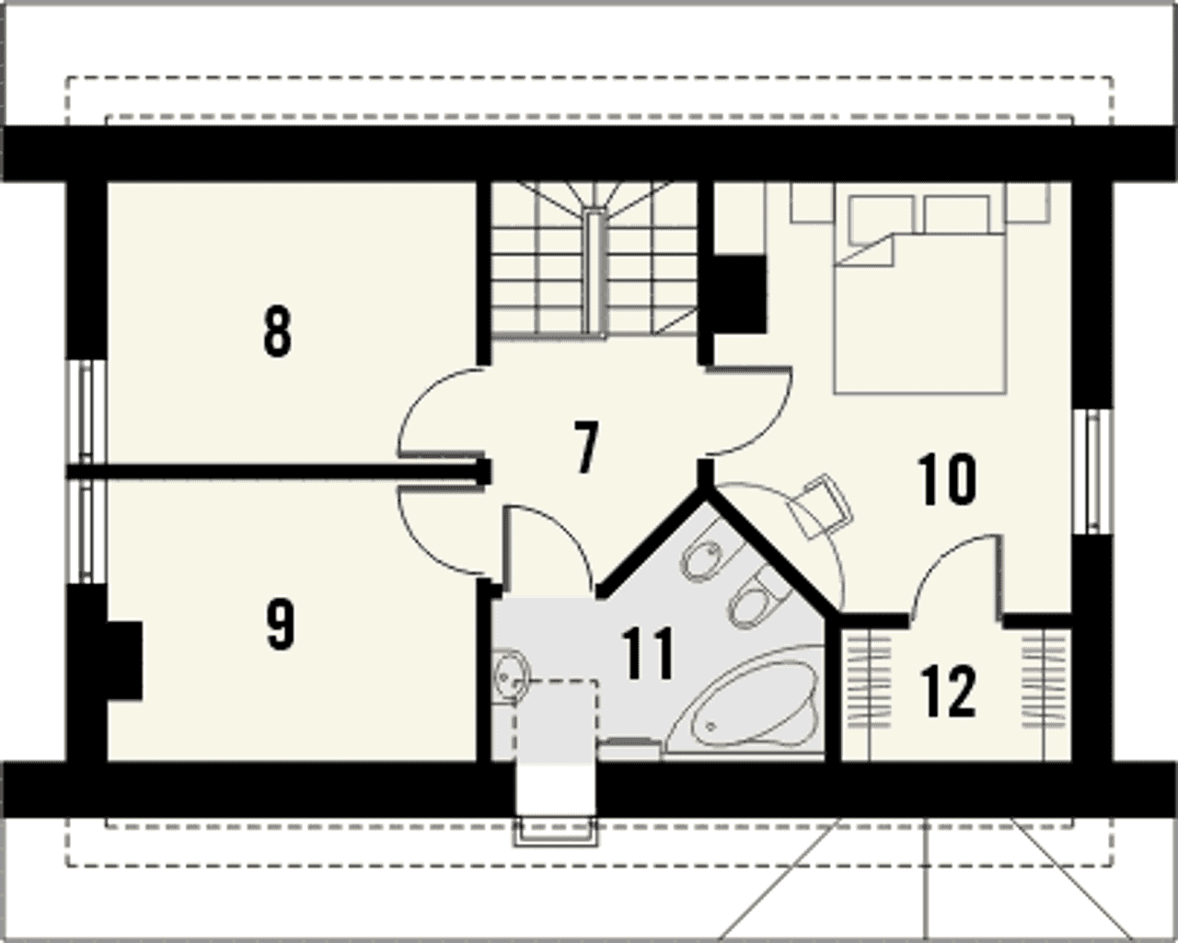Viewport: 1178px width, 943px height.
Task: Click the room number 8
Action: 278,332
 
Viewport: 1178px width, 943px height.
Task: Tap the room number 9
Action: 280,625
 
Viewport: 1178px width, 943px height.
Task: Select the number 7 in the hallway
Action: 586,446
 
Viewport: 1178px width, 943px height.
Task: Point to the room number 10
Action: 946,478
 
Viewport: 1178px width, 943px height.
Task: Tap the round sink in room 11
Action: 512,675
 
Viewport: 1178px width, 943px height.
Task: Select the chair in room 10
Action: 819,506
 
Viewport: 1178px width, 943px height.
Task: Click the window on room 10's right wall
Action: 1092,472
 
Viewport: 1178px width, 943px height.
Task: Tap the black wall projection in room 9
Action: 124,661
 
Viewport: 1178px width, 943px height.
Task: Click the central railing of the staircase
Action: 595,271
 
